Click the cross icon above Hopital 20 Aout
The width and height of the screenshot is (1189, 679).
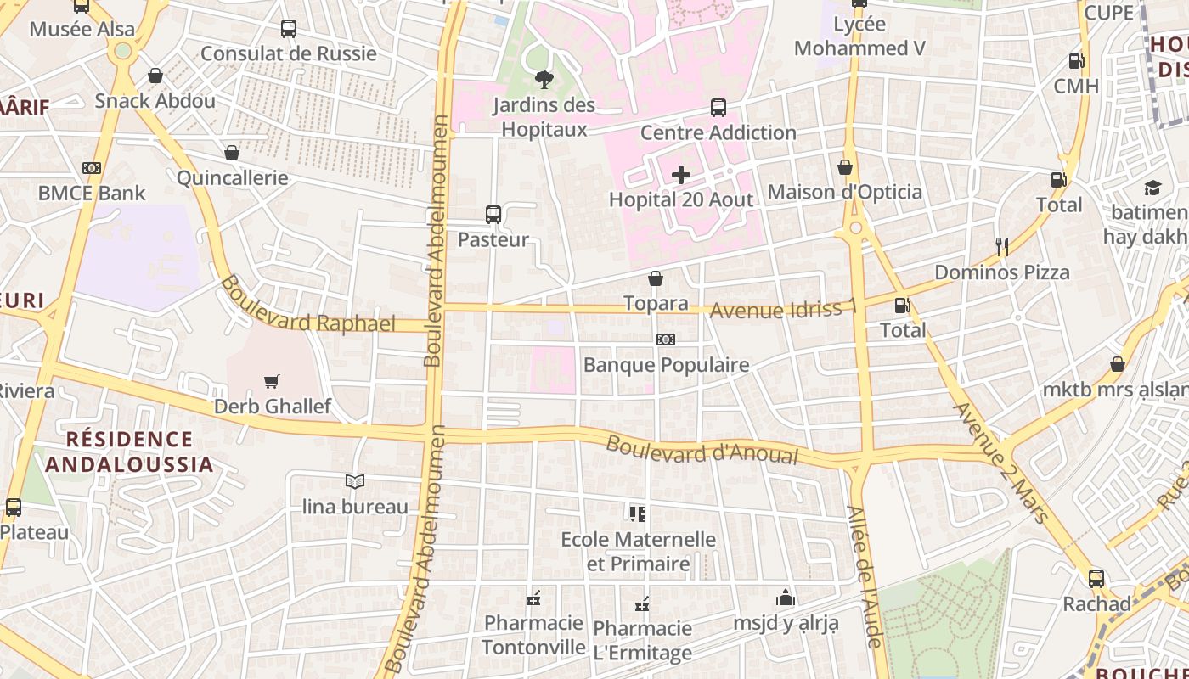[681, 175]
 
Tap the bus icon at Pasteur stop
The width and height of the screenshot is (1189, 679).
[493, 215]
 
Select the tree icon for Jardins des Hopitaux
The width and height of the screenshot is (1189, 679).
[544, 80]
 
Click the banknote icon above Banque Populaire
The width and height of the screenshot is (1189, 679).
[666, 339]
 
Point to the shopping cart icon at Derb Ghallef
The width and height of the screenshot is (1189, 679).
[272, 381]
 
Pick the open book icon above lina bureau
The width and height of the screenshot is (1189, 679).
[355, 481]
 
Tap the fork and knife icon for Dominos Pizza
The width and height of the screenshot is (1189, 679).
[1002, 247]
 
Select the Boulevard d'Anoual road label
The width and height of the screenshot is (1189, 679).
[702, 450]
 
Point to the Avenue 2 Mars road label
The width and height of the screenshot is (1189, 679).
[1002, 462]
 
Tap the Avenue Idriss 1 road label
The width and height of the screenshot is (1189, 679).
[782, 309]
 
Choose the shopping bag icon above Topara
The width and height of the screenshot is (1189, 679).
[656, 278]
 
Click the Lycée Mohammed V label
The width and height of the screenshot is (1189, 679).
[859, 36]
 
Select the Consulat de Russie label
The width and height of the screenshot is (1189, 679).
[289, 53]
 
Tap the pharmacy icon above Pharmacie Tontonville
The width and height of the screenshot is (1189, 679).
[533, 598]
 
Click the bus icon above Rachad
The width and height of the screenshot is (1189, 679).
[1096, 579]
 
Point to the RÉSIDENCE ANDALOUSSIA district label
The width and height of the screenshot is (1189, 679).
[129, 452]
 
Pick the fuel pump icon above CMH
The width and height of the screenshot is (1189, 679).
[1076, 61]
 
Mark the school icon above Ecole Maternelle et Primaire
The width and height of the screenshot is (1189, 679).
[638, 513]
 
